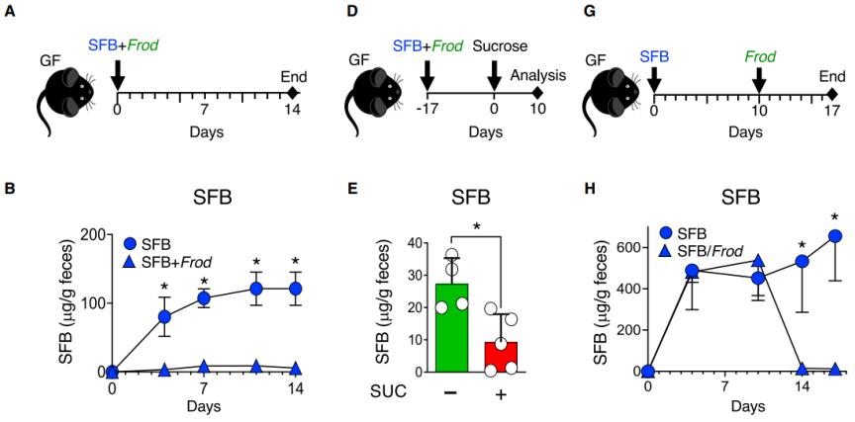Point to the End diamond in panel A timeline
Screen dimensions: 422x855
292,94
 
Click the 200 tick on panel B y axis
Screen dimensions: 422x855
91,234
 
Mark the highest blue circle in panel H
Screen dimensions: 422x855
835,236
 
